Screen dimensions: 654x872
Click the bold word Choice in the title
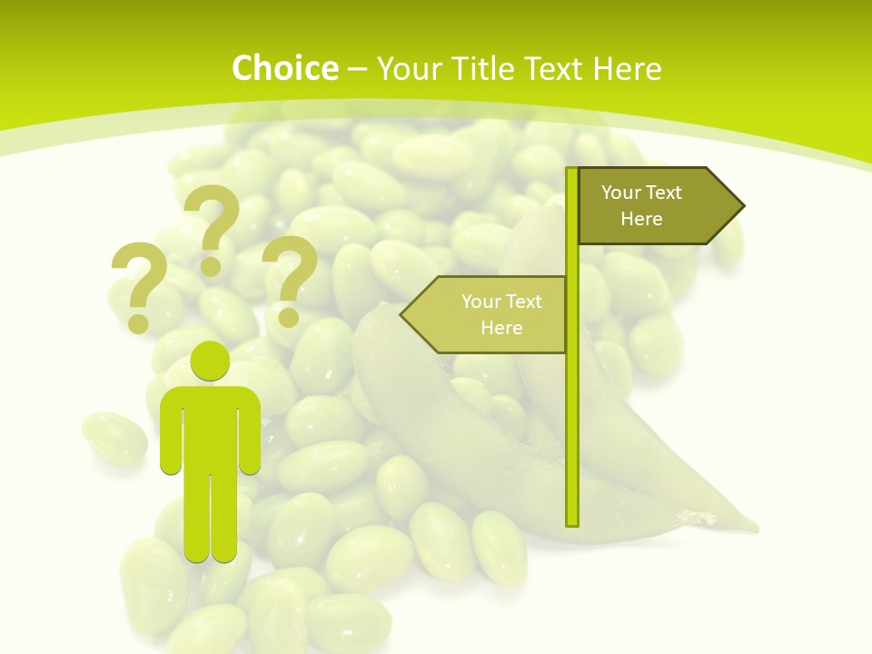[284, 68]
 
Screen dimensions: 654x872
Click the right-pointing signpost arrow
[654, 205]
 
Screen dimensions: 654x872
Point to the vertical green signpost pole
[571, 409]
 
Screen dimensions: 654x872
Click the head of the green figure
[210, 360]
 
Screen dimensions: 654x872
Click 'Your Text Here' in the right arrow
[641, 205]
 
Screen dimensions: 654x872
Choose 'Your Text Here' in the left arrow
[501, 314]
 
